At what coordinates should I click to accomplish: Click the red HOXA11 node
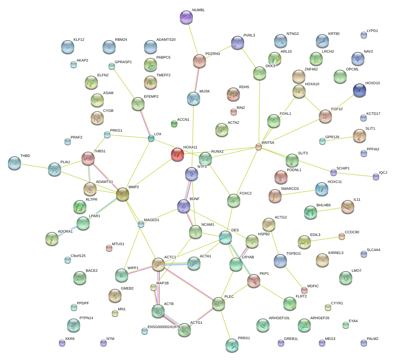pyautogui.click(x=177, y=154)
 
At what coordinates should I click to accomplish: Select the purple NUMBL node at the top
pyautogui.click(x=187, y=17)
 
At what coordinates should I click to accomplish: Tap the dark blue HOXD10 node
pyautogui.click(x=359, y=90)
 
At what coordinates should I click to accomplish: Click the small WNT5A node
pyautogui.click(x=259, y=147)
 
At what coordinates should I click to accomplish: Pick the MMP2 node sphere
pyautogui.click(x=123, y=194)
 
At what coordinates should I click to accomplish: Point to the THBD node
pyautogui.click(x=14, y=163)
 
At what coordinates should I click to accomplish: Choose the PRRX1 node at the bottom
pyautogui.click(x=232, y=345)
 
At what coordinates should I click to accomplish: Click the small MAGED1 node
pyautogui.click(x=141, y=224)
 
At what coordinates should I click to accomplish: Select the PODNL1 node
pyautogui.click(x=281, y=177)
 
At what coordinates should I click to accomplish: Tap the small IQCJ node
pyautogui.click(x=376, y=177)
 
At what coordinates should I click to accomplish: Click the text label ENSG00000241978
pyautogui.click(x=164, y=327)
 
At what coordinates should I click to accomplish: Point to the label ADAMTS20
pyautogui.click(x=166, y=40)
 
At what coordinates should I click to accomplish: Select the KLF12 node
pyautogui.click(x=67, y=46)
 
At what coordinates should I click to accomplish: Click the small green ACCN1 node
pyautogui.click(x=174, y=124)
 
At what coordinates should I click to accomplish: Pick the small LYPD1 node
pyautogui.click(x=364, y=35)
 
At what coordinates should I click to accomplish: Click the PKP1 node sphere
pyautogui.click(x=253, y=280)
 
